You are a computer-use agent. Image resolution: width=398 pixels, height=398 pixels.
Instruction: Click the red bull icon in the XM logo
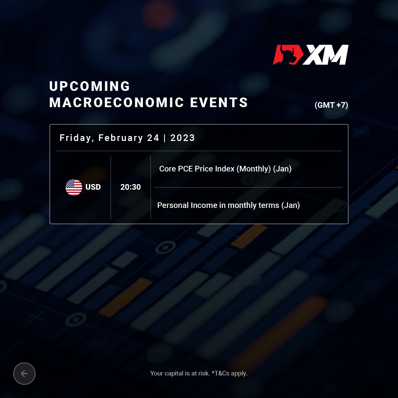(x=288, y=55)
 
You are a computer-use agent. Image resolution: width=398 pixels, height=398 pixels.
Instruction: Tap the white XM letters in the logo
(x=326, y=55)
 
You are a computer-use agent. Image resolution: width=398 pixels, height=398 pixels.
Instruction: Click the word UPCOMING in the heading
(x=90, y=86)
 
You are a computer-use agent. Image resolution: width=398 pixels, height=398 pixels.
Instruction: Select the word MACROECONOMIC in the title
(x=116, y=102)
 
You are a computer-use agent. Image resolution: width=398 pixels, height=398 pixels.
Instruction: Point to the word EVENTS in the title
(x=219, y=102)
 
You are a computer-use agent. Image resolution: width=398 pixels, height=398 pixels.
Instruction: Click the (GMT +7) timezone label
(x=331, y=105)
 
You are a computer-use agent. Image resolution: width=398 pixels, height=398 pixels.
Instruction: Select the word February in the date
(x=121, y=138)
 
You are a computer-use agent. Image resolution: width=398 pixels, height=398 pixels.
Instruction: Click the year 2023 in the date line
(x=182, y=138)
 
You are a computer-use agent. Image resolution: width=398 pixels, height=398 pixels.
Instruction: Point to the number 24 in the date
(x=153, y=138)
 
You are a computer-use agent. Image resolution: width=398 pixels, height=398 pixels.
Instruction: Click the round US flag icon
(x=74, y=187)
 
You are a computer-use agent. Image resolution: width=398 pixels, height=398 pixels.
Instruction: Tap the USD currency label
(x=93, y=187)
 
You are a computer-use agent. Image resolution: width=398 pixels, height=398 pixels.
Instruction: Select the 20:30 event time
(x=131, y=187)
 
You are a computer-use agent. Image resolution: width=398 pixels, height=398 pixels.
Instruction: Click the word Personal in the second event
(x=173, y=205)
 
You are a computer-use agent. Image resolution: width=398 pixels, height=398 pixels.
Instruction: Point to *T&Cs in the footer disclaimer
(x=220, y=373)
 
